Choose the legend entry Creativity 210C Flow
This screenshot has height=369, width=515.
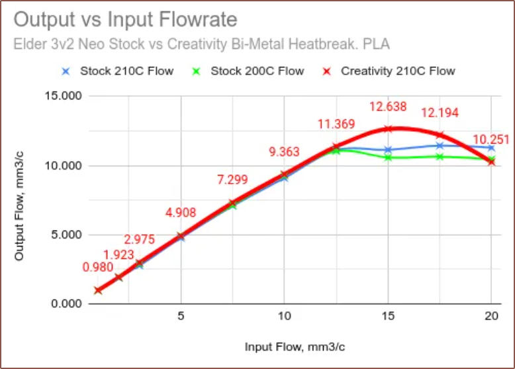pyautogui.click(x=398, y=71)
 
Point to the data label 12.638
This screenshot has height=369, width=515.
pyautogui.click(x=387, y=107)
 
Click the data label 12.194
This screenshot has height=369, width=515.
pyautogui.click(x=440, y=113)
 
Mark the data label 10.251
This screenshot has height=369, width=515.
pyautogui.click(x=491, y=140)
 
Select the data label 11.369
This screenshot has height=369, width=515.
pyautogui.click(x=336, y=124)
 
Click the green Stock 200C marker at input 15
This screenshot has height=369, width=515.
pyautogui.click(x=388, y=158)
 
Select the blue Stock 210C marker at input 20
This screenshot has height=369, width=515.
pyautogui.click(x=491, y=148)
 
